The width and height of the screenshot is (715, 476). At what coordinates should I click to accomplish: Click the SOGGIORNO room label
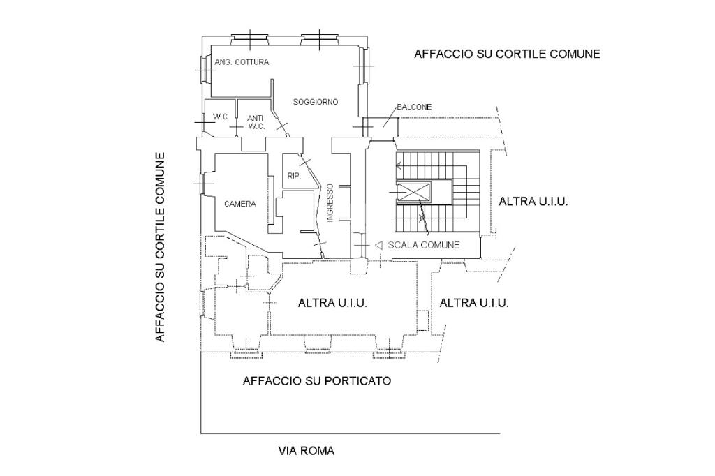coord(316,102)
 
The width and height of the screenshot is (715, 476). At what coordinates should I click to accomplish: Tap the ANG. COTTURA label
coord(242,61)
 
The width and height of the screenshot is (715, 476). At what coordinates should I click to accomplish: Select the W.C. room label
coord(221,117)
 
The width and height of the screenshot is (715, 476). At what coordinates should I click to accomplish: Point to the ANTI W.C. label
coord(256,122)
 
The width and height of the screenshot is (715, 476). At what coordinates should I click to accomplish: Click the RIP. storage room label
coord(294,176)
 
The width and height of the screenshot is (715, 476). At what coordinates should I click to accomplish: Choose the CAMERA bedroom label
coord(240,204)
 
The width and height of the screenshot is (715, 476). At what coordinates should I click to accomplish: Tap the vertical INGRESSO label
coord(330,203)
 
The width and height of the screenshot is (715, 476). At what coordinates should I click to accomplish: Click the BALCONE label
coord(414,107)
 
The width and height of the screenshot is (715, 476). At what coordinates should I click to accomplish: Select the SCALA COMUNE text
coord(424,245)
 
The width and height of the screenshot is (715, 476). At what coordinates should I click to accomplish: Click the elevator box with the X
coord(413,191)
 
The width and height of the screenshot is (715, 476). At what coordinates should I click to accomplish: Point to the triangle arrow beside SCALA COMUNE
coord(378,245)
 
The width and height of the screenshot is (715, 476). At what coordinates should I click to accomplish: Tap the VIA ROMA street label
coord(307,451)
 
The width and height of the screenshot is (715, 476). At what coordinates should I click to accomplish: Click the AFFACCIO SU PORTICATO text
coord(317,380)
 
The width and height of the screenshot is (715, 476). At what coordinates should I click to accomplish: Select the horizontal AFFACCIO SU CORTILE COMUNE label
coord(507,54)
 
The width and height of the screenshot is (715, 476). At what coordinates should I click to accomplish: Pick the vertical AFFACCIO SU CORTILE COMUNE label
coord(160,246)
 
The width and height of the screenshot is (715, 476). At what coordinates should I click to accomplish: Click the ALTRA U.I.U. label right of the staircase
coord(533,202)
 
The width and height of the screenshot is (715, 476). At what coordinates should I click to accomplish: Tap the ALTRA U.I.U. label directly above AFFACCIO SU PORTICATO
coord(332,303)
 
